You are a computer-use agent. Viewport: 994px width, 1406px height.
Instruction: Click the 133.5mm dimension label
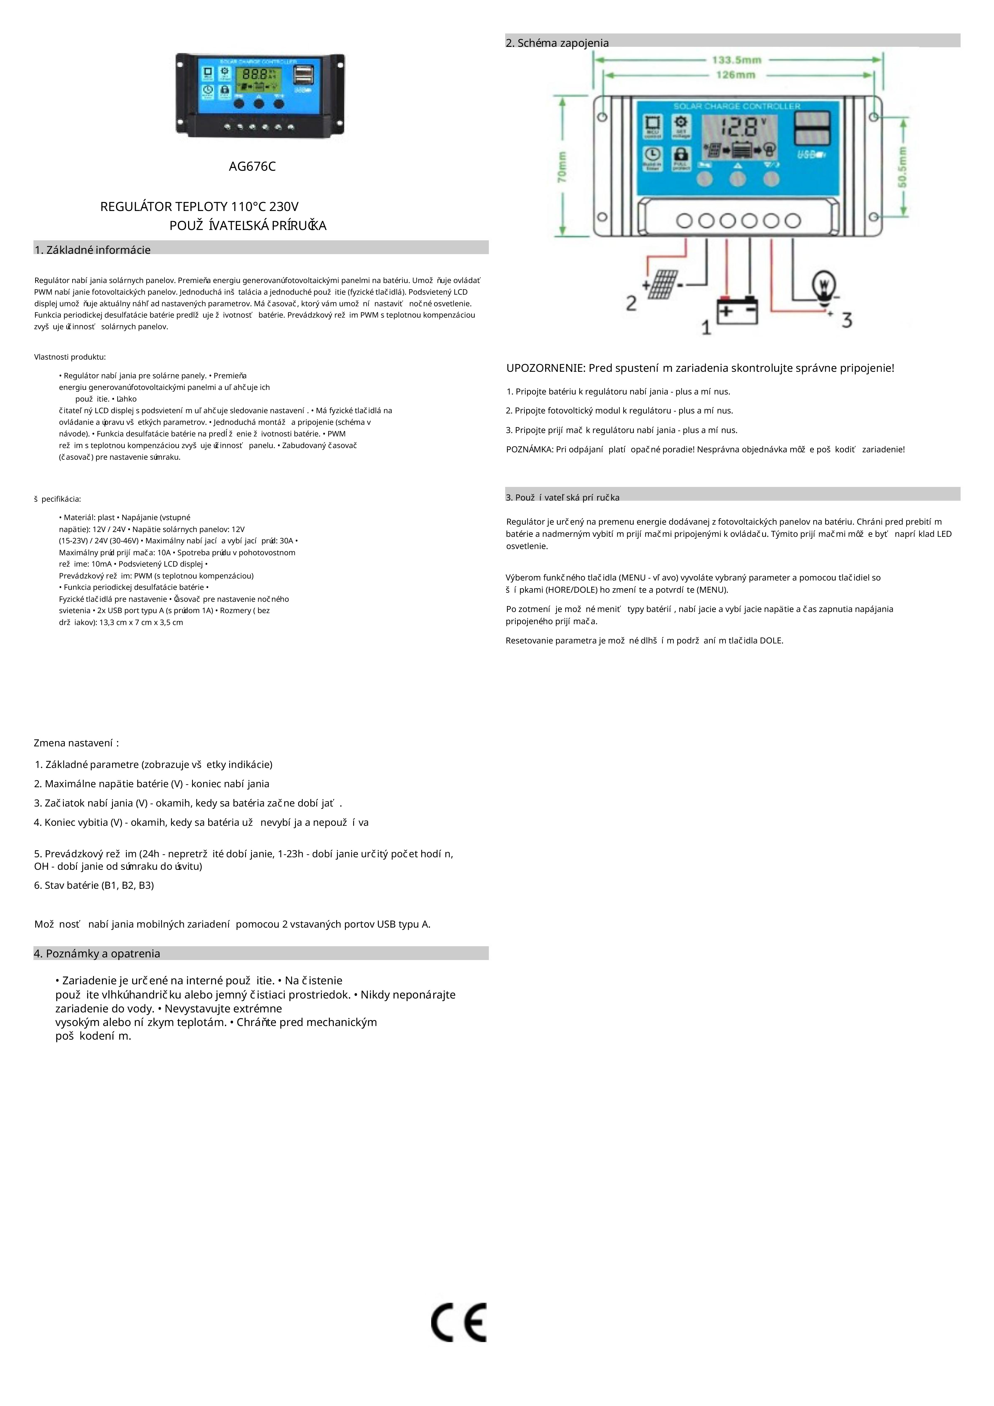point(737,60)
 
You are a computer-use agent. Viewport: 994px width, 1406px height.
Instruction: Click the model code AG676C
point(252,166)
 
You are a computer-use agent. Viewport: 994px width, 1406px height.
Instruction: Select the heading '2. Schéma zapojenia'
point(557,43)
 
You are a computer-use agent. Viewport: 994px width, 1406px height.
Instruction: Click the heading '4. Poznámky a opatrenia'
point(97,953)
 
